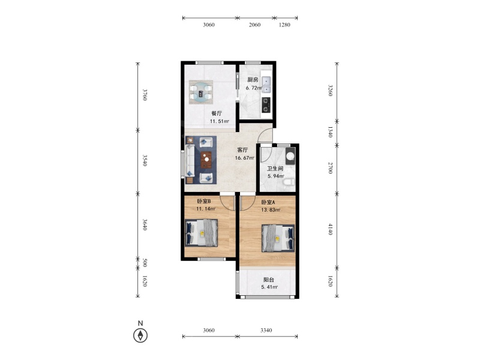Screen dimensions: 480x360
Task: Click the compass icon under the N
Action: point(140,335)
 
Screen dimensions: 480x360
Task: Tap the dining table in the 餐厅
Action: point(201,92)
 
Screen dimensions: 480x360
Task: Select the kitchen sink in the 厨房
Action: point(266,85)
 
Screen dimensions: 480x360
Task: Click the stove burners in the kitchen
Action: point(266,104)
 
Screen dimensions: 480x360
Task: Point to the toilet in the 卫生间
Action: point(289,182)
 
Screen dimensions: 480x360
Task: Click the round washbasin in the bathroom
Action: point(290,156)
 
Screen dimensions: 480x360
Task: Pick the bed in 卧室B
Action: point(201,233)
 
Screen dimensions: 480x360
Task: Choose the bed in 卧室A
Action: point(278,238)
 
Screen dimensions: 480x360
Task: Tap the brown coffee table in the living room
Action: point(206,160)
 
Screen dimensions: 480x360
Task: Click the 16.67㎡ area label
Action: point(244,158)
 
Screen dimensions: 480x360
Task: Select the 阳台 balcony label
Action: point(269,280)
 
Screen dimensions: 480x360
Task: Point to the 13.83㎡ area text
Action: point(271,209)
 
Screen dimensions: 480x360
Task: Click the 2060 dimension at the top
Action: point(254,25)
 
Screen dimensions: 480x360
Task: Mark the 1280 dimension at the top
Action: point(284,25)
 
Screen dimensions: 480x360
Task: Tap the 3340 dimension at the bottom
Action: point(266,330)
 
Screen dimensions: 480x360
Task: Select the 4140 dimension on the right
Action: point(331,229)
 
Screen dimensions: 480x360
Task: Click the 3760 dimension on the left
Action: point(145,95)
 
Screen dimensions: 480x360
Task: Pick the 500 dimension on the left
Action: point(145,263)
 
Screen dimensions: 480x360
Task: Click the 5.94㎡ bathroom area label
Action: point(276,176)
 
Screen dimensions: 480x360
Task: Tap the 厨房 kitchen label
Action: point(253,80)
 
